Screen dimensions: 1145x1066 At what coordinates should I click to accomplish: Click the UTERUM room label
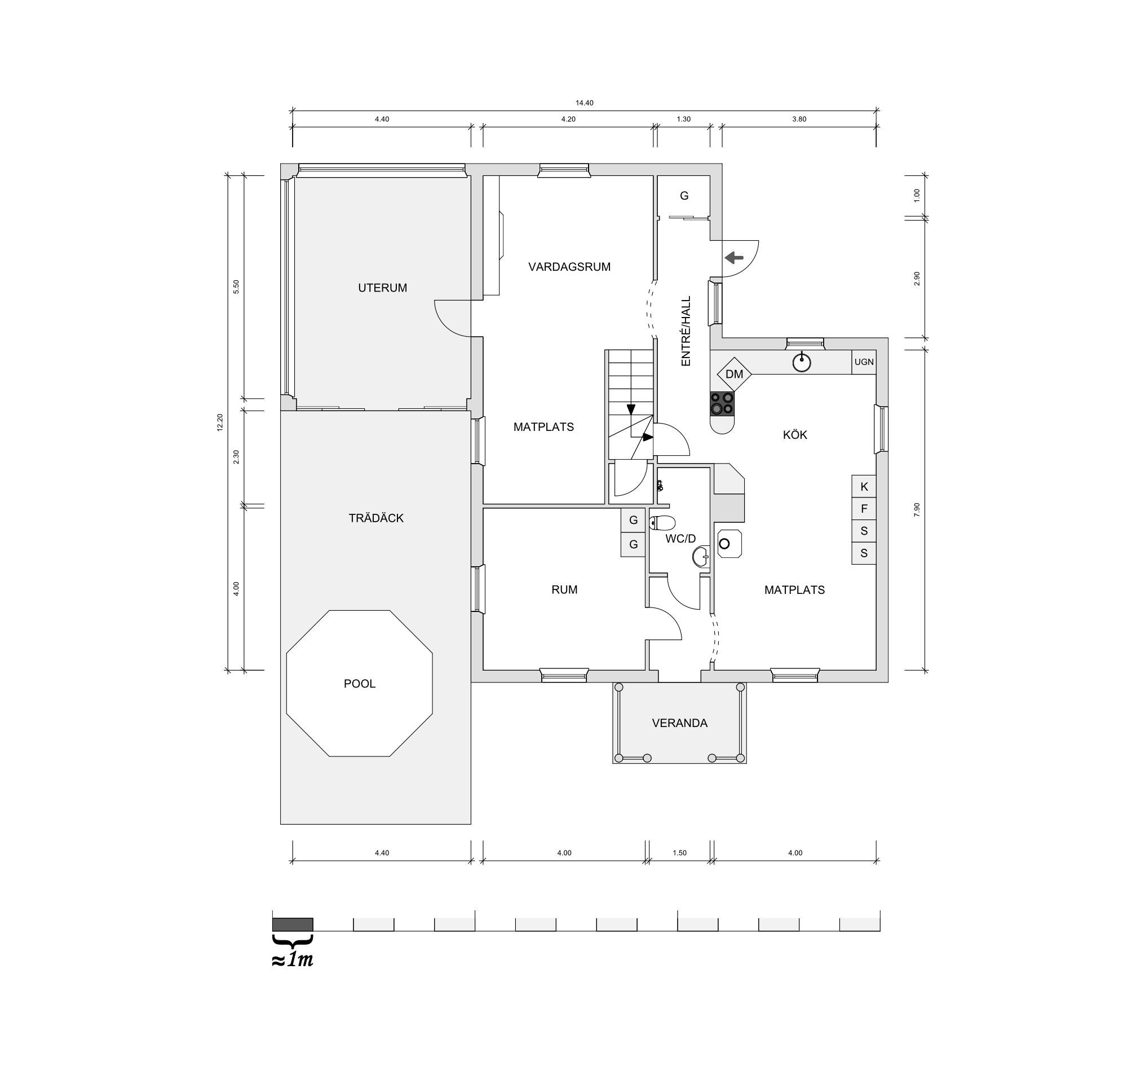click(x=382, y=288)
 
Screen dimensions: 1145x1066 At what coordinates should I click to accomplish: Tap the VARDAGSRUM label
click(x=569, y=267)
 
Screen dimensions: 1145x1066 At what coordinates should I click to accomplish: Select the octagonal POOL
click(x=359, y=683)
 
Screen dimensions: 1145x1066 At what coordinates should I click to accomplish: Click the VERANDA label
click(x=680, y=723)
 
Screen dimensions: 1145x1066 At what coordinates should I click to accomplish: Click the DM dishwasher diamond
click(x=735, y=374)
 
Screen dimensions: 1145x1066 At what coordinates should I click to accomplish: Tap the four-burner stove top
click(x=722, y=403)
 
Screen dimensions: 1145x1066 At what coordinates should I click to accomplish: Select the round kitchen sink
click(x=802, y=362)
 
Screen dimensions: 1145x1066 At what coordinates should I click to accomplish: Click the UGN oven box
click(x=864, y=362)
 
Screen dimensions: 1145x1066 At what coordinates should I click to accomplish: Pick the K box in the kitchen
click(x=864, y=486)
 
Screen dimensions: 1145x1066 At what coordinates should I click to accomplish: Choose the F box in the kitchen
click(x=864, y=509)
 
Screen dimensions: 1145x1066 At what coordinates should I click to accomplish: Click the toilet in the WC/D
click(x=662, y=523)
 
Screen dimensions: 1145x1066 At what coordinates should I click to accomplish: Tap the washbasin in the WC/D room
click(x=701, y=557)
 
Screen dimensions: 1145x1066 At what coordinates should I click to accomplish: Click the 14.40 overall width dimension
click(x=584, y=103)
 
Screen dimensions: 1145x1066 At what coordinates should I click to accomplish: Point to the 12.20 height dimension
click(x=220, y=422)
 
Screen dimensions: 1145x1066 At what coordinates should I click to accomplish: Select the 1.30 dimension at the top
click(x=684, y=119)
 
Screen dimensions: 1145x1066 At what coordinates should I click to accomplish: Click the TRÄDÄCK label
click(x=376, y=518)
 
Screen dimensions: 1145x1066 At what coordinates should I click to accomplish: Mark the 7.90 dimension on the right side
click(x=917, y=509)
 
